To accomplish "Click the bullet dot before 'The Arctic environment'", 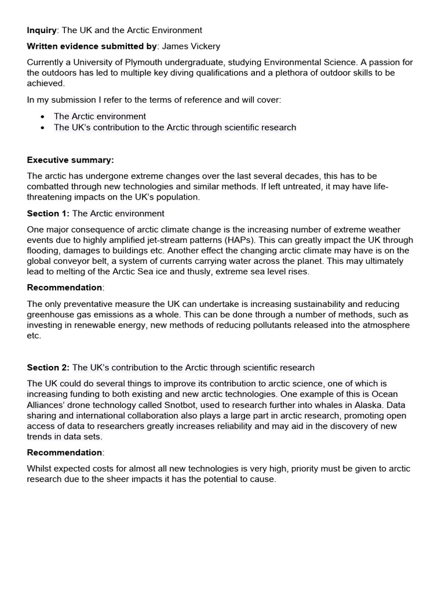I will (x=43, y=117).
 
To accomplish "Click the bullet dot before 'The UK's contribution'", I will (x=43, y=128).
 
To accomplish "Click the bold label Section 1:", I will (x=48, y=213).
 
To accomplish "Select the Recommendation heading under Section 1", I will (x=64, y=287).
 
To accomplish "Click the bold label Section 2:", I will (x=48, y=367).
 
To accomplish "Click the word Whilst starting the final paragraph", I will (x=41, y=469).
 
